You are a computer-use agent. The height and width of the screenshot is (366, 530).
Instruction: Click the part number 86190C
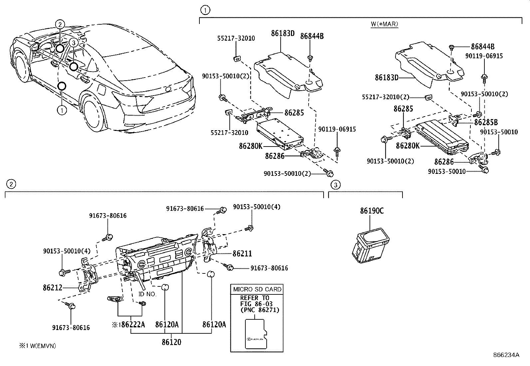(372, 211)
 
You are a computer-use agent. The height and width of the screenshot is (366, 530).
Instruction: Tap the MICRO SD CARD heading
(257, 289)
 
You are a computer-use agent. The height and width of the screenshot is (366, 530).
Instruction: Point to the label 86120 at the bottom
(171, 342)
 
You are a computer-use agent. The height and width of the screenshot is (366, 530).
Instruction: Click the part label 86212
(52, 287)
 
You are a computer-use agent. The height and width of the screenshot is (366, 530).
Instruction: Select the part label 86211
(242, 254)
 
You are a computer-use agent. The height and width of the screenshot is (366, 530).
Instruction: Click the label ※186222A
(129, 324)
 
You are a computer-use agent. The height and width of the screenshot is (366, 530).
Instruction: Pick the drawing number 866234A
(506, 355)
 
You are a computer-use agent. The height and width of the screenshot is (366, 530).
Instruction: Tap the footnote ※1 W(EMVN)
(37, 346)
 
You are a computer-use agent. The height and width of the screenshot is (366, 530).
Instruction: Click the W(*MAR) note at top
(384, 24)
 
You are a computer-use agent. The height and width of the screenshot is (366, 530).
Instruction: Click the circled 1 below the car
(62, 110)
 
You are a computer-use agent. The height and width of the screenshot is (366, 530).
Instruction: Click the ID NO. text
(147, 294)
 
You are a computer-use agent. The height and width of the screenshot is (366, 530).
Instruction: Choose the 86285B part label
(486, 122)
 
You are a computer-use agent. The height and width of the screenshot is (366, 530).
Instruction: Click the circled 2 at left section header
(11, 184)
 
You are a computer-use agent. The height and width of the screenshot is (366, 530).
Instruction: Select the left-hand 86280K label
(250, 146)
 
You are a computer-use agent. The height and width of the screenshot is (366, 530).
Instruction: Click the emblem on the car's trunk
(168, 89)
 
